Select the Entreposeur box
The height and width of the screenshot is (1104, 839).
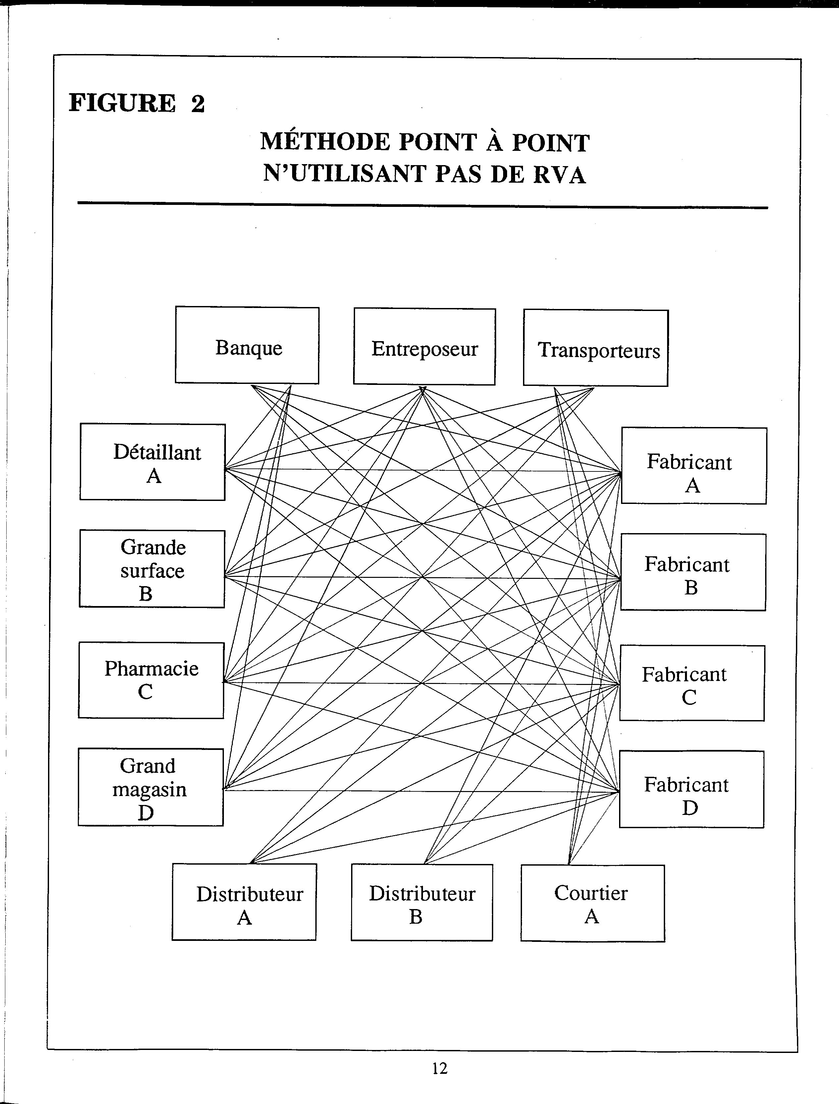[x=425, y=346]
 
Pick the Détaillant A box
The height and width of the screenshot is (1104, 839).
[x=152, y=462]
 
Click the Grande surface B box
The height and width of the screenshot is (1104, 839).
[x=152, y=569]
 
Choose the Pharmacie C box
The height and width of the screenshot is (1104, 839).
[x=151, y=680]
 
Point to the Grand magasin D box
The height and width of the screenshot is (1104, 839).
[x=151, y=787]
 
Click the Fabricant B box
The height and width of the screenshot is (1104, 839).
[x=693, y=572]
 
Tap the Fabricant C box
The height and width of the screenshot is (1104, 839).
[x=692, y=683]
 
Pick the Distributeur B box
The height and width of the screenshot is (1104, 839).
[x=422, y=902]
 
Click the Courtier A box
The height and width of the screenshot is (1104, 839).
[x=593, y=903]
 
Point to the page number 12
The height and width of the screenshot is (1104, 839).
[x=440, y=1068]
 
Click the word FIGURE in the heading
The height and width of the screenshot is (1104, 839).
[x=122, y=103]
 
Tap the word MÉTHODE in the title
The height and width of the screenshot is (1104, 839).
[x=325, y=142]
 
